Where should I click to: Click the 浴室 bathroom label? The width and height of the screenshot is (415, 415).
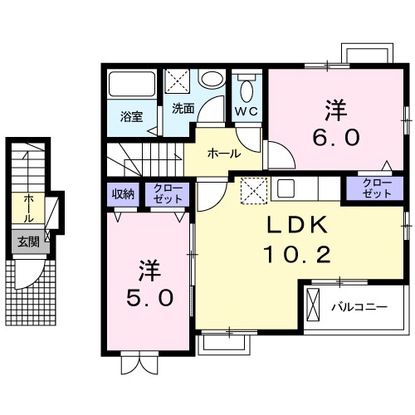coord(130,116)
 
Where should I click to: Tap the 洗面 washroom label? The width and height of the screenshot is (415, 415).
coord(183,108)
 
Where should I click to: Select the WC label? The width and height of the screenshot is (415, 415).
coord(247,111)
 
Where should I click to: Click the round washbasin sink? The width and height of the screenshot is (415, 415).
coord(212,81)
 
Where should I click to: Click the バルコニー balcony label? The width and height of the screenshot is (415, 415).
coord(359,307)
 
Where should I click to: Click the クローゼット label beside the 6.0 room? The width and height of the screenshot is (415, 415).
coord(376,188)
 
